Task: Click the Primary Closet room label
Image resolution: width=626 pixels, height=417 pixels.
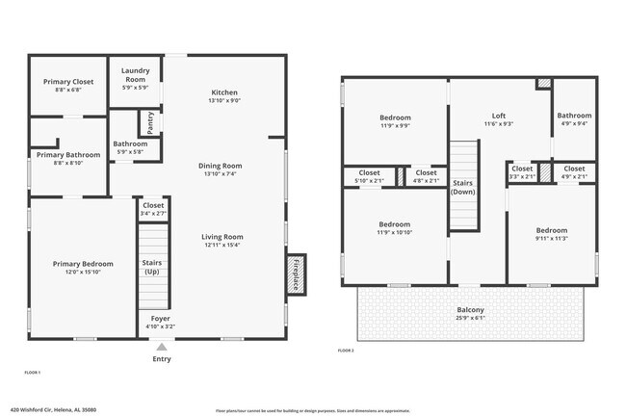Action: pos(67,82)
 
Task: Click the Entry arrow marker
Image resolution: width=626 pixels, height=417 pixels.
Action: pos(162,348)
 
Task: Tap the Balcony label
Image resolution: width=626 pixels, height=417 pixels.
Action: pos(471,310)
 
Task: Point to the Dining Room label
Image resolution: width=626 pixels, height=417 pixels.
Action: pos(220,165)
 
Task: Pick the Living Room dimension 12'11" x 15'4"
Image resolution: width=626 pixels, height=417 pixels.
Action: pos(222,246)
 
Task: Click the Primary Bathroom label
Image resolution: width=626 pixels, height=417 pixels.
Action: pos(68,154)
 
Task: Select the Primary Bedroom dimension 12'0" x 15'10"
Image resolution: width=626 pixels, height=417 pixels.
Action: pos(83,273)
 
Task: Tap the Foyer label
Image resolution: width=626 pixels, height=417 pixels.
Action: pos(160,318)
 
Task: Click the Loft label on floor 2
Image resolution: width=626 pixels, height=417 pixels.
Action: pos(498,115)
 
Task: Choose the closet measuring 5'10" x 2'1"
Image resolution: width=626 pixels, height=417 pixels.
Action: pos(368,180)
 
